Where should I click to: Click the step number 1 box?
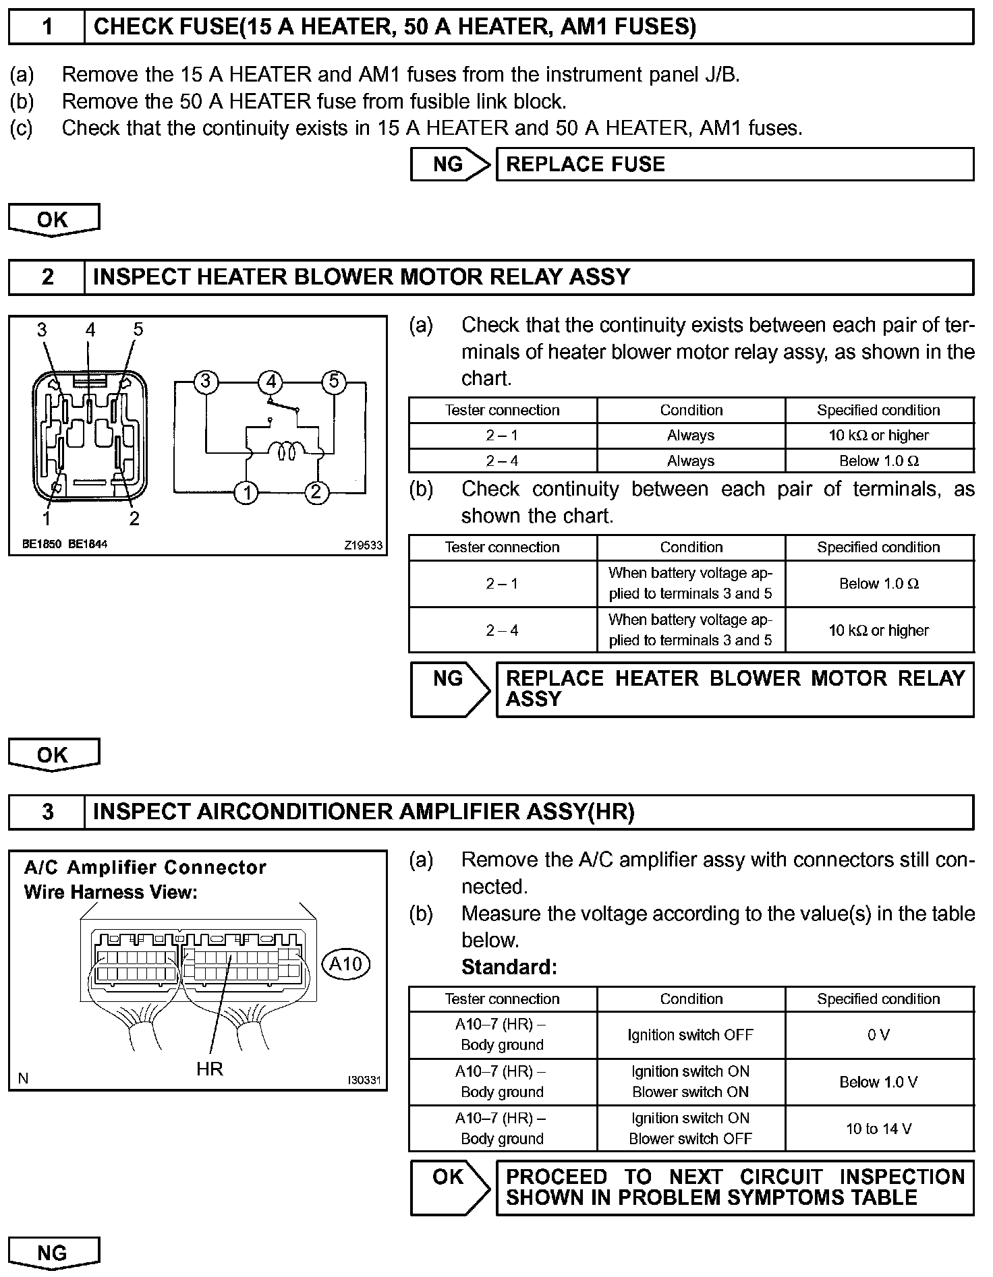tap(47, 27)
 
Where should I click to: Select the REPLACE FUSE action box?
tap(735, 165)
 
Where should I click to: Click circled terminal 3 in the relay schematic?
tap(206, 382)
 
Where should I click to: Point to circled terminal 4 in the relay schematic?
tap(271, 382)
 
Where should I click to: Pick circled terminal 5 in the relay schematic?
tap(333, 382)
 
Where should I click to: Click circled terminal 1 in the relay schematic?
tap(247, 493)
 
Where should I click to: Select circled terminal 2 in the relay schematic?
tap(316, 493)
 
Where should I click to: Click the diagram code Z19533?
tap(363, 545)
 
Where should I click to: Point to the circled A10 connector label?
tap(346, 964)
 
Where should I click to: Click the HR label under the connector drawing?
tap(210, 1069)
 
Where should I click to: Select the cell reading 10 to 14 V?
tap(879, 1129)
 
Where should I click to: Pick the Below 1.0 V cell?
tap(879, 1081)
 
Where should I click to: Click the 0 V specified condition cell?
tap(879, 1035)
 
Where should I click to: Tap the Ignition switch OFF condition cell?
tap(691, 1035)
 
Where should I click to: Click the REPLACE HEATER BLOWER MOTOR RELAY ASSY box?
tap(735, 689)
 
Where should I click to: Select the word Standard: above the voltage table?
tap(509, 968)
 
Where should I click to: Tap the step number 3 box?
tap(47, 812)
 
